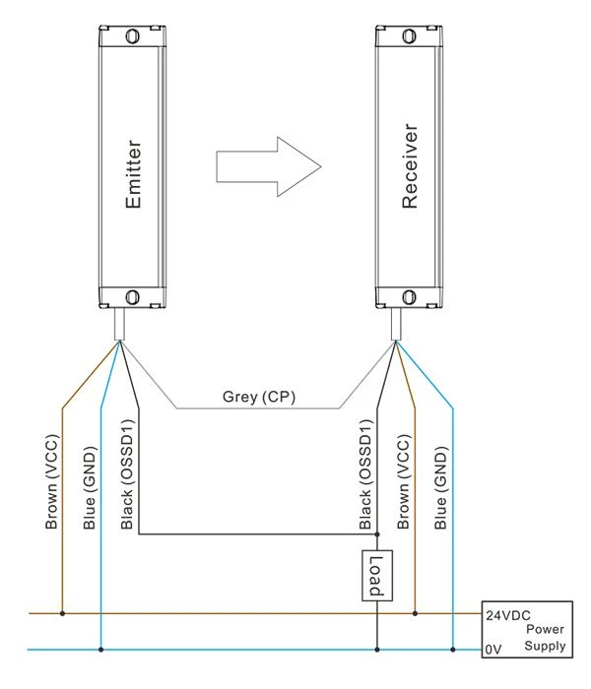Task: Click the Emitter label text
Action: point(133,174)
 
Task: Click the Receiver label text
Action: point(410,166)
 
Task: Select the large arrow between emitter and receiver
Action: point(269,166)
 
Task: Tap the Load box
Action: point(377,575)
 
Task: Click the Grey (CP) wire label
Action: point(258,397)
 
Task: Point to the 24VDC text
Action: point(508,615)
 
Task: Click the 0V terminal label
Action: point(492,649)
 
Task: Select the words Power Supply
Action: point(546,638)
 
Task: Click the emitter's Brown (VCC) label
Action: point(51,481)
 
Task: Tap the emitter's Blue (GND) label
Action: point(90,488)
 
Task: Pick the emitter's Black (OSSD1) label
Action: point(127,474)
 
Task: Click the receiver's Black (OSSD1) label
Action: point(365,474)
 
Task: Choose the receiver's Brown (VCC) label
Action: point(403,481)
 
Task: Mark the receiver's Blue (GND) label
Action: point(440,488)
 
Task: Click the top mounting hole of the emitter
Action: point(132,35)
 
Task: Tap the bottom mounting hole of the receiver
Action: point(409,297)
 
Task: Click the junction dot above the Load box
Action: point(377,534)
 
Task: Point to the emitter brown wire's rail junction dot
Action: point(62,613)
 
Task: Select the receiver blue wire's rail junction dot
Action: point(453,650)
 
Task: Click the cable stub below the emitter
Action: point(119,324)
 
